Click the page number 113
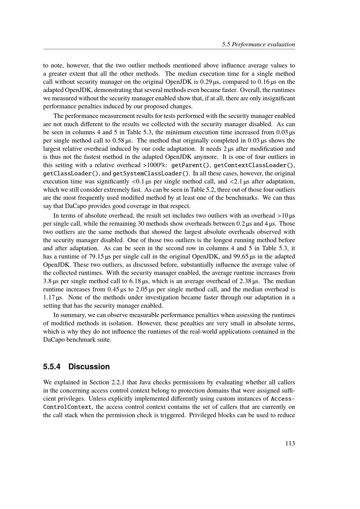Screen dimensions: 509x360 coord(290,443)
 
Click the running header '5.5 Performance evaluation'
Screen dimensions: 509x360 coord(258,45)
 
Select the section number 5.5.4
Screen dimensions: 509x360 coord(52,366)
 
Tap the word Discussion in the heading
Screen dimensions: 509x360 coord(89,366)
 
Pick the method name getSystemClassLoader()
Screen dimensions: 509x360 coord(151,174)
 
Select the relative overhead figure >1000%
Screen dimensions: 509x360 coord(155,165)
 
